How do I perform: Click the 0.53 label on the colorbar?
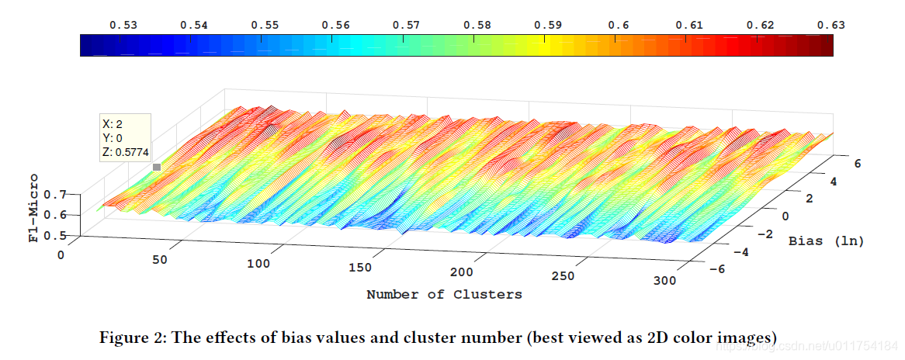point(123,25)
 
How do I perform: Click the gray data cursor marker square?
point(157,167)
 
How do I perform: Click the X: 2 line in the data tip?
point(113,124)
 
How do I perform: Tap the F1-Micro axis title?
point(35,207)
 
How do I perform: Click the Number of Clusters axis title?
point(445,294)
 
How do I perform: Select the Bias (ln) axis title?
point(827,242)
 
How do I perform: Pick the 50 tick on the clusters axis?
point(161,259)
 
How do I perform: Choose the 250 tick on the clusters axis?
point(563,276)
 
